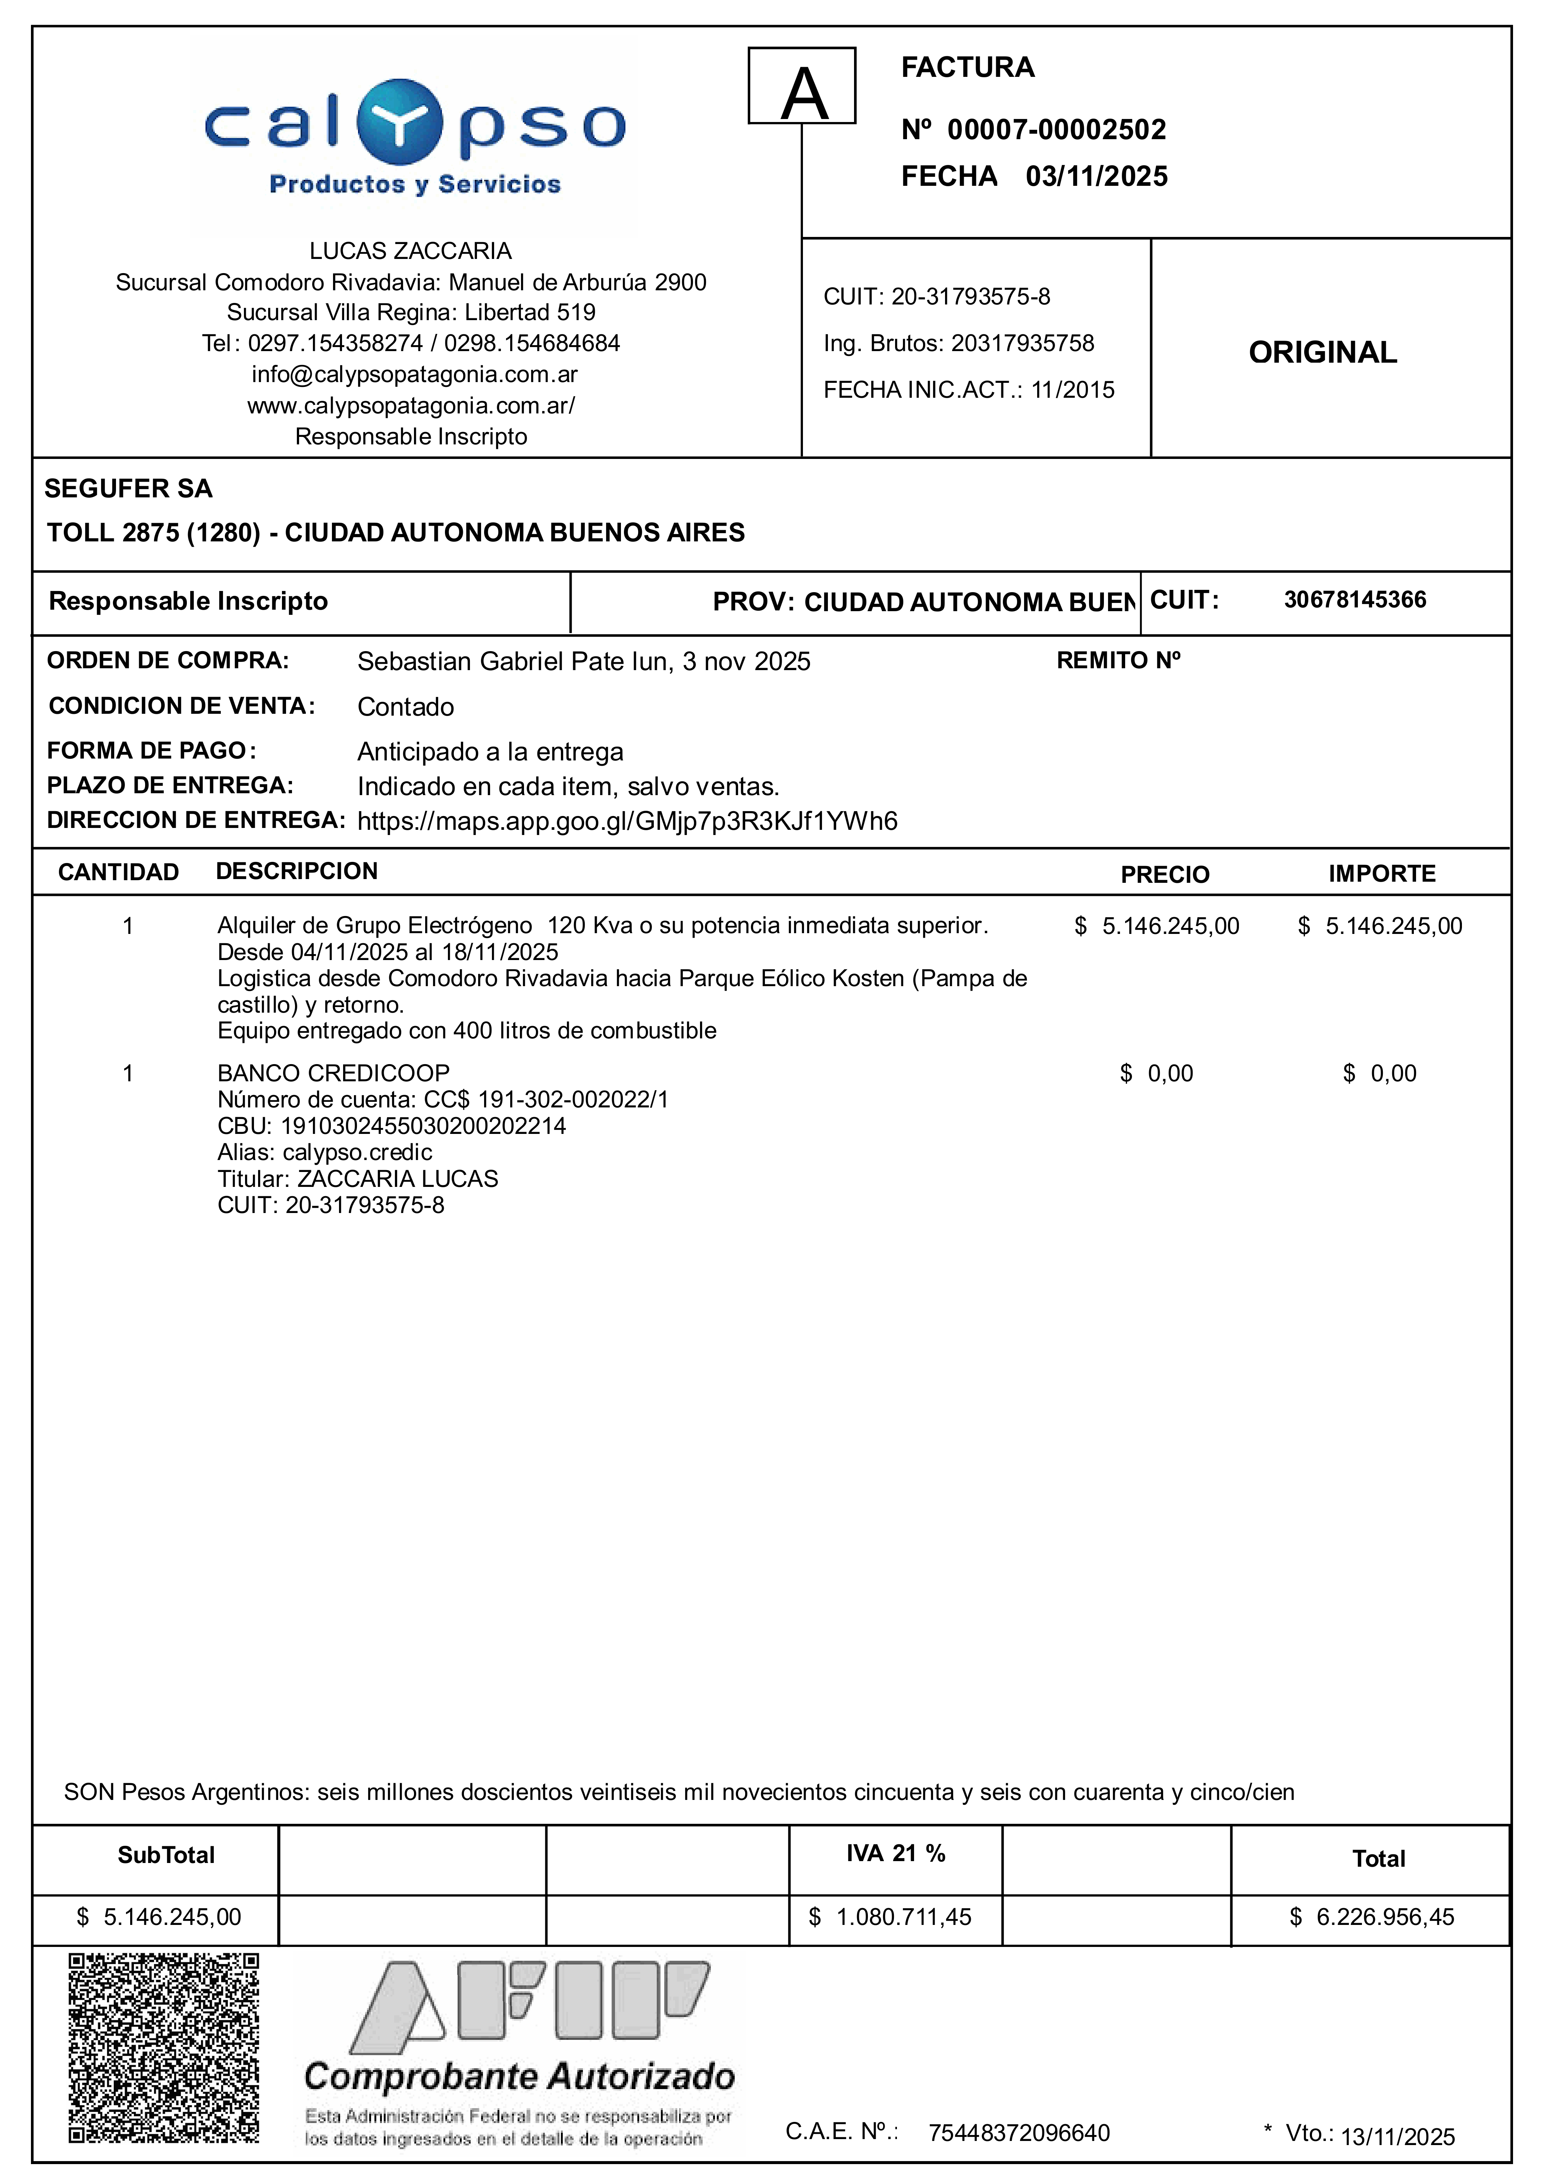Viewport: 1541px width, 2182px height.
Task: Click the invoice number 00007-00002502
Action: [1057, 129]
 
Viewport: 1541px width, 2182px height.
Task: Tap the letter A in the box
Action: [804, 94]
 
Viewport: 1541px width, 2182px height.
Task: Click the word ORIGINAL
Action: [1322, 353]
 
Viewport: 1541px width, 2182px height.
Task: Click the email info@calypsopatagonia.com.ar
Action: [414, 375]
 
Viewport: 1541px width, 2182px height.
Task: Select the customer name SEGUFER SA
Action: [128, 488]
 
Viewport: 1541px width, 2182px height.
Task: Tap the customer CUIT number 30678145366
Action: [1355, 600]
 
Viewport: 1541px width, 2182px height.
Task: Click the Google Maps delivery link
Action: [627, 821]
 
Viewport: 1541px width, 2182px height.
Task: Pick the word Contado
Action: [406, 707]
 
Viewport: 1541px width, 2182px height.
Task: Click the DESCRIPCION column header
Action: [296, 872]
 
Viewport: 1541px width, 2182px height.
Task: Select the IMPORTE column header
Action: [1381, 873]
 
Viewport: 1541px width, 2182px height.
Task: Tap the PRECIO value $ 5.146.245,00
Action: [1157, 926]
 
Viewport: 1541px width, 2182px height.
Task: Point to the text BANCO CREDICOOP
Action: [333, 1073]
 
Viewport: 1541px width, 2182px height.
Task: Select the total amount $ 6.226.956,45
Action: [1372, 1917]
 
